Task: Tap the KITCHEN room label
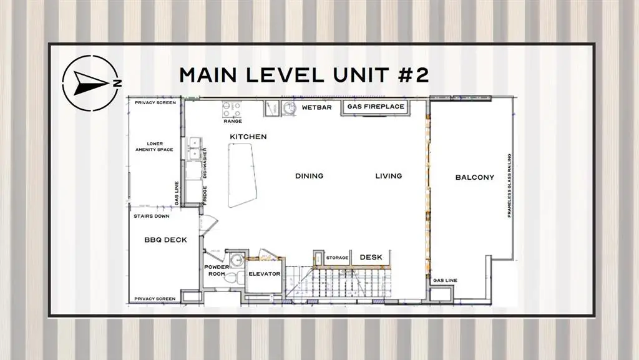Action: (248, 137)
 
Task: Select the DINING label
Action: (310, 176)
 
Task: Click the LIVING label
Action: (388, 176)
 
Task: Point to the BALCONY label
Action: (475, 177)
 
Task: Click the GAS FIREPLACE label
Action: (376, 107)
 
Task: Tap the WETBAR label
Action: (316, 107)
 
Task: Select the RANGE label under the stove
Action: (233, 122)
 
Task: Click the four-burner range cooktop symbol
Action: (232, 109)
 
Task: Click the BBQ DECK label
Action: (165, 240)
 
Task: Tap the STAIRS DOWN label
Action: (152, 216)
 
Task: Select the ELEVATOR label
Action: (265, 274)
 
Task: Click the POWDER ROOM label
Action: (217, 270)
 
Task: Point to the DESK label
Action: (371, 258)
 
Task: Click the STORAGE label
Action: (337, 258)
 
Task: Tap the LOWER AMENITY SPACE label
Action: (155, 147)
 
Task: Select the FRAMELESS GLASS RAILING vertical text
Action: (509, 186)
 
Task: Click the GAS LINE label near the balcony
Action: (445, 281)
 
